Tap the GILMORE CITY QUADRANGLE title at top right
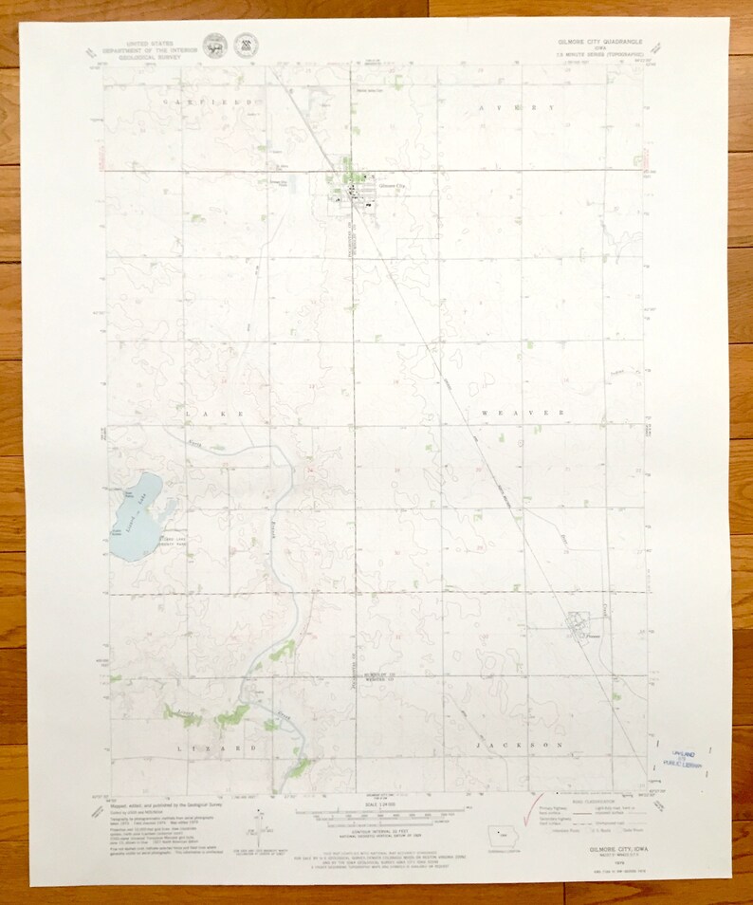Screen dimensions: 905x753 point(598,43)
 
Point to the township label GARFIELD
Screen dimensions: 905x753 point(211,101)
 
